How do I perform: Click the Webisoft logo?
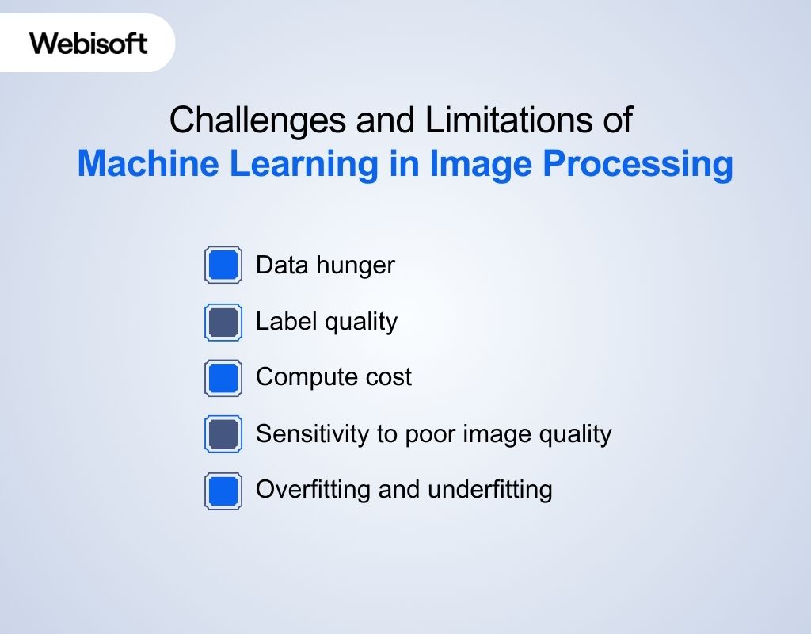(x=89, y=42)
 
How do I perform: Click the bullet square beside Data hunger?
(x=223, y=265)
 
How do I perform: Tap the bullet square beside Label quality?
(x=223, y=322)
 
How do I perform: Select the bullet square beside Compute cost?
(x=223, y=378)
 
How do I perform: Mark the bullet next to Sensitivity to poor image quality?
(x=223, y=434)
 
